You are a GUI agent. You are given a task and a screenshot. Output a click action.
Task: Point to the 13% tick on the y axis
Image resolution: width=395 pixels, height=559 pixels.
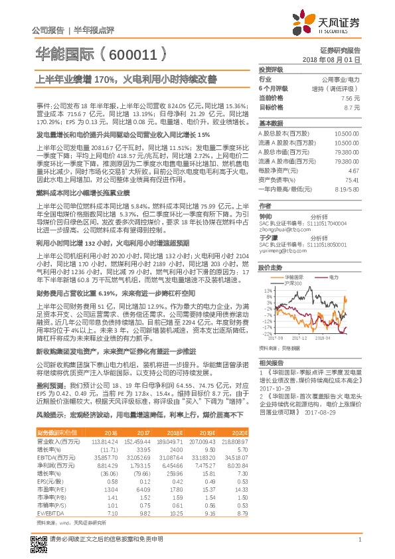pos(268,290)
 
